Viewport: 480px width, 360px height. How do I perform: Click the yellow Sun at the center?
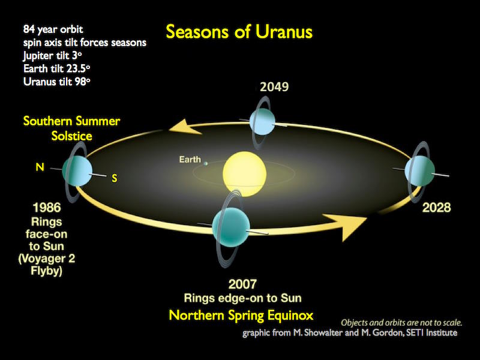[x=244, y=170]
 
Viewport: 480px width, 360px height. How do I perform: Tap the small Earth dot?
[x=206, y=162]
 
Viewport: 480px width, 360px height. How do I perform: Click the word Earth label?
[x=190, y=160]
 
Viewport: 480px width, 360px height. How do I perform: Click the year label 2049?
[x=274, y=87]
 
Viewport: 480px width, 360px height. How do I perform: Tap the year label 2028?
[x=436, y=208]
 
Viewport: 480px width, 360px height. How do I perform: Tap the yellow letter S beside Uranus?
[x=114, y=178]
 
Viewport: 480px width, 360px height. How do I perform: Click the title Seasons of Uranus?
[x=239, y=31]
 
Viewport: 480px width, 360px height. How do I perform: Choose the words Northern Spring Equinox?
[x=241, y=315]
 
